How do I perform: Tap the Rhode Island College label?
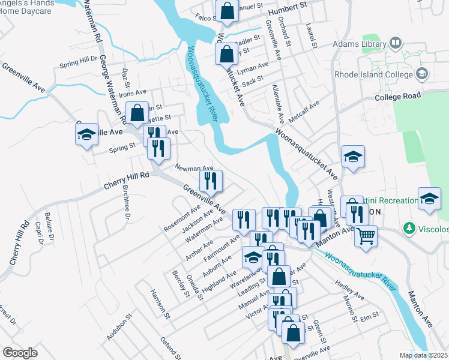(x=372, y=74)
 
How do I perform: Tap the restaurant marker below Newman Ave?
(x=211, y=181)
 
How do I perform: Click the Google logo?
(x=20, y=353)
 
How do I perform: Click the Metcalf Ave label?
(x=304, y=110)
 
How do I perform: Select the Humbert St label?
(x=288, y=10)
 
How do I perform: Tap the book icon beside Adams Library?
(x=396, y=43)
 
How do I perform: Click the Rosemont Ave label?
(x=183, y=219)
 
